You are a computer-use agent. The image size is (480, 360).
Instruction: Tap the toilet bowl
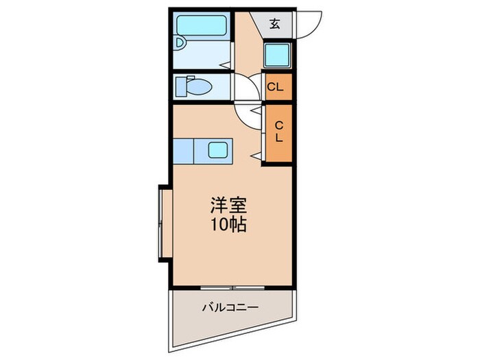[x=200, y=88]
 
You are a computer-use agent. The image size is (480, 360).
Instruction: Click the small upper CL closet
[x=276, y=87]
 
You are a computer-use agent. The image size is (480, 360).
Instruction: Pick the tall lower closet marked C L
[x=278, y=132]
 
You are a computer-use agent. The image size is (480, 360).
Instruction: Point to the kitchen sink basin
[x=219, y=150]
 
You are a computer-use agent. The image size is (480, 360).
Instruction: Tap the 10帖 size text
[x=227, y=224]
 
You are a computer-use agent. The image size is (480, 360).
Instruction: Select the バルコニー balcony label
[x=230, y=307]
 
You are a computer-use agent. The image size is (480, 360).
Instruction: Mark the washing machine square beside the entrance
[x=278, y=53]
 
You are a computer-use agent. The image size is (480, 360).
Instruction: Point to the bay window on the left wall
[x=163, y=223]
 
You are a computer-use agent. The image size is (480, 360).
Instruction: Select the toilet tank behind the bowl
[x=181, y=87]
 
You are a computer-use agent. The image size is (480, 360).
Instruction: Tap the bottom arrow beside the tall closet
[x=255, y=158]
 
